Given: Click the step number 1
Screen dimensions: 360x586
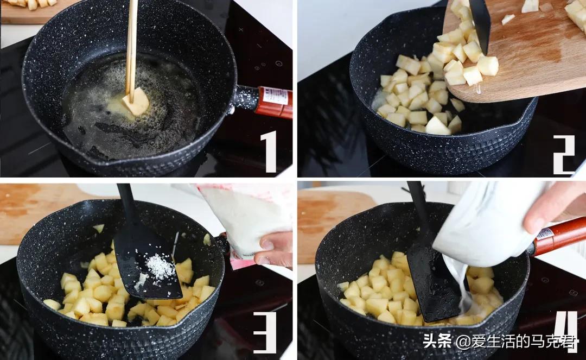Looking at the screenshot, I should [270, 151].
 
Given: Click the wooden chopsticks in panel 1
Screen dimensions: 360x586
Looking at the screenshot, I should [131, 43].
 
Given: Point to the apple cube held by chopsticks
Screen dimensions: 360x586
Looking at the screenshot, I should [137, 103].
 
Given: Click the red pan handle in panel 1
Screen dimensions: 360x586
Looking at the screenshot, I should [274, 102].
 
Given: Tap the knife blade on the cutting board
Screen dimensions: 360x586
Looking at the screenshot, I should [480, 22].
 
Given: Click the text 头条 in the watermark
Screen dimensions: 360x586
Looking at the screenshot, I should [437, 342].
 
